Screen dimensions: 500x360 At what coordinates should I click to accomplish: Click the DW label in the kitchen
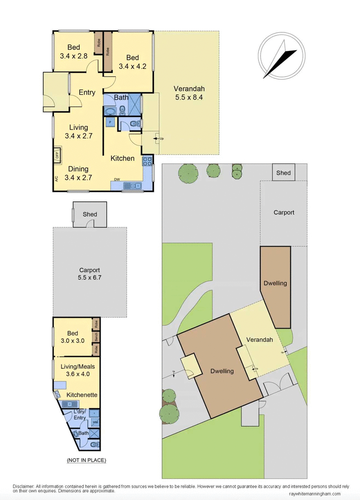click(117, 180)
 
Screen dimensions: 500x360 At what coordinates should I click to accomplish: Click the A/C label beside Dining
click(57, 179)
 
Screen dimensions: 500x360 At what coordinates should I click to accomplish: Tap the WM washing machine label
click(94, 423)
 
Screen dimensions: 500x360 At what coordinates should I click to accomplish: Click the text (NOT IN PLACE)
click(86, 460)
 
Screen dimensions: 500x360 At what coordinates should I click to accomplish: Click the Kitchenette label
click(82, 395)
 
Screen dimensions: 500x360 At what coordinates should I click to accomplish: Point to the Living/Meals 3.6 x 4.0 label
click(77, 370)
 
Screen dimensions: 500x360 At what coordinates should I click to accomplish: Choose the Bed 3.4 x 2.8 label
click(74, 51)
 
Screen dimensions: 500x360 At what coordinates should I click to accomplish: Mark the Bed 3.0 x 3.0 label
click(73, 337)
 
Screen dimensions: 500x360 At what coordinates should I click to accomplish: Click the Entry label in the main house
click(87, 93)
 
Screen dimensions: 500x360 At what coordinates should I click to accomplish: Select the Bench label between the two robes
click(96, 337)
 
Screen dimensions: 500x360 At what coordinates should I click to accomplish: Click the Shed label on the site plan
click(283, 173)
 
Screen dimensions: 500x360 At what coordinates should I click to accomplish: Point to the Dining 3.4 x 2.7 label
click(78, 173)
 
